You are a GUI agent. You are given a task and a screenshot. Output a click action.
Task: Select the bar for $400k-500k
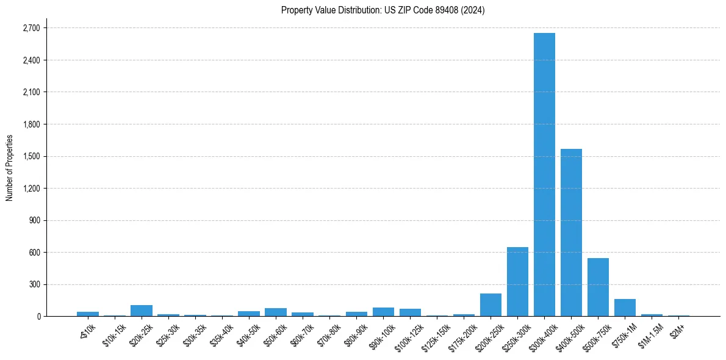pyautogui.click(x=571, y=232)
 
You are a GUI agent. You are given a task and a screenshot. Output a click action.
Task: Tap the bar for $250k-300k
pyautogui.click(x=517, y=282)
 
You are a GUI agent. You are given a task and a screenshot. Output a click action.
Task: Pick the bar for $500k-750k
pyautogui.click(x=598, y=287)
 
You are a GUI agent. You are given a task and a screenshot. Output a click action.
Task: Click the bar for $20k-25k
pyautogui.click(x=142, y=311)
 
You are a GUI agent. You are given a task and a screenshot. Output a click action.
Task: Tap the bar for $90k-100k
pyautogui.click(x=383, y=312)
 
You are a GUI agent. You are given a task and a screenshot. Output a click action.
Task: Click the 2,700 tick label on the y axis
pyautogui.click(x=31, y=28)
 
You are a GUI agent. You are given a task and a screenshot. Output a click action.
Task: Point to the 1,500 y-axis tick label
pyautogui.click(x=31, y=156)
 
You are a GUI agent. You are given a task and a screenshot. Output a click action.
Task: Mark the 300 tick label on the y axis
pyautogui.click(x=35, y=284)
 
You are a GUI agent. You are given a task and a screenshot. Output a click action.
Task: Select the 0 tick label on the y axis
pyautogui.click(x=38, y=316)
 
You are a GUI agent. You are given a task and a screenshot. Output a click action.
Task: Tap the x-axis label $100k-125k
pyautogui.click(x=407, y=336)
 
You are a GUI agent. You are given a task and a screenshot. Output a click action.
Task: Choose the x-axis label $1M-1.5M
pyautogui.click(x=649, y=334)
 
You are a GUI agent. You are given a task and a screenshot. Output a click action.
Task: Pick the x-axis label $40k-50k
pyautogui.click(x=246, y=334)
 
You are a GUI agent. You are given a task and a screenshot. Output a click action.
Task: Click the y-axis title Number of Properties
pyautogui.click(x=10, y=167)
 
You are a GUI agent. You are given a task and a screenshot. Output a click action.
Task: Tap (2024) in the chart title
pyautogui.click(x=473, y=10)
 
